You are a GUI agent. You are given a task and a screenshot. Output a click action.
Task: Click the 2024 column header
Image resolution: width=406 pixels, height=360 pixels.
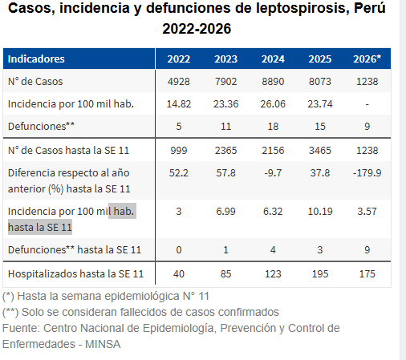click(273, 59)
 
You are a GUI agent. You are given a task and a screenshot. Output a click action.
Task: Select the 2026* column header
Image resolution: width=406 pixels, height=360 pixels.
click(367, 59)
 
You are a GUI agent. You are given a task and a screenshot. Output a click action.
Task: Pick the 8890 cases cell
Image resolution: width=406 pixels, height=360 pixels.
click(273, 82)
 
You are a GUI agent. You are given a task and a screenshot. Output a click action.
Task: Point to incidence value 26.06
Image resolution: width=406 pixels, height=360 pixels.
click(273, 104)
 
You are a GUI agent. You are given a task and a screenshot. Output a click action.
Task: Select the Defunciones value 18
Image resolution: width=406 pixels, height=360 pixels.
click(273, 127)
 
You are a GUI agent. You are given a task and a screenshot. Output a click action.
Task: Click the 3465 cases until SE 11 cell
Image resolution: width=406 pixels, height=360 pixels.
click(320, 151)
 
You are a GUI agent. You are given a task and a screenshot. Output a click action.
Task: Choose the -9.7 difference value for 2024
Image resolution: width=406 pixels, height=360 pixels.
click(273, 172)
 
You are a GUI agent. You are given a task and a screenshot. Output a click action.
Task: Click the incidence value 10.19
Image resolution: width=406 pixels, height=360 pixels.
click(320, 211)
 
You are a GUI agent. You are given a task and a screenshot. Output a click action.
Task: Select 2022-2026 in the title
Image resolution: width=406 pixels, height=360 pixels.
click(197, 29)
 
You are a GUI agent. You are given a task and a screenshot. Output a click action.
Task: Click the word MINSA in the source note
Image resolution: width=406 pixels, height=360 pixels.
click(104, 343)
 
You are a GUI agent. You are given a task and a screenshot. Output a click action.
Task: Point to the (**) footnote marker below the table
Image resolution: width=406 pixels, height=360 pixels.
click(11, 311)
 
